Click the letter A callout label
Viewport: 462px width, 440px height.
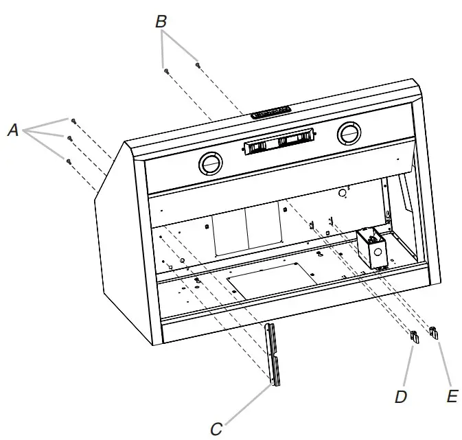pyautogui.click(x=13, y=129)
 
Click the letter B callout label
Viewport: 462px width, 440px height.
pyautogui.click(x=161, y=22)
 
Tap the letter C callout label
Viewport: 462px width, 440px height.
pyautogui.click(x=216, y=429)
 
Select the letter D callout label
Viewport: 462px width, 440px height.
pyautogui.click(x=402, y=396)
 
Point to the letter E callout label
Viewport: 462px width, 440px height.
pyautogui.click(x=450, y=396)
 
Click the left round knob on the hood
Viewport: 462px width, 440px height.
pyautogui.click(x=209, y=163)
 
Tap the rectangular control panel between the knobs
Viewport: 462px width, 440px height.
pyautogui.click(x=280, y=143)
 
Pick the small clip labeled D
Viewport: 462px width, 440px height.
pyautogui.click(x=414, y=336)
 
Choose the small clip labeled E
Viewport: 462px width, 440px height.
pyautogui.click(x=434, y=332)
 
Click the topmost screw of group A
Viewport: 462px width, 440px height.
pyautogui.click(x=73, y=121)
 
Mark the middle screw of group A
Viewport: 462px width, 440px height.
pyautogui.click(x=69, y=139)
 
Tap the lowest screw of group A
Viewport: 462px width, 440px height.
pyautogui.click(x=69, y=161)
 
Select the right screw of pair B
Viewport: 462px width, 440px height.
pyautogui.click(x=198, y=65)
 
